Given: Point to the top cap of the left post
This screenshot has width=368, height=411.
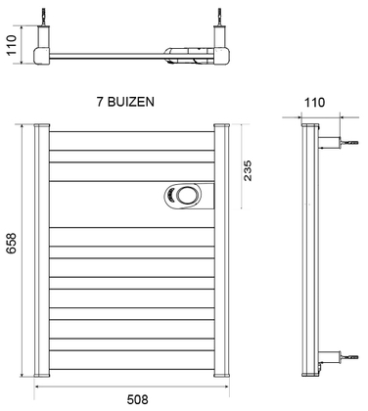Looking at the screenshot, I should click(x=40, y=126).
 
